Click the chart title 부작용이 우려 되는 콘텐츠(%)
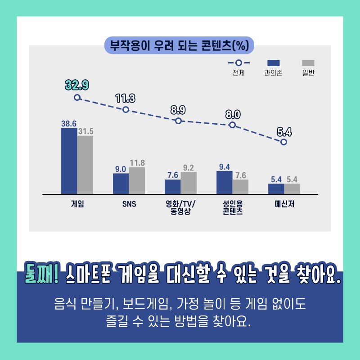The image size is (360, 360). point(180,45)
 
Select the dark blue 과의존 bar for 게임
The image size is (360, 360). point(69,161)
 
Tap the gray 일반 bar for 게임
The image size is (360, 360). point(85,165)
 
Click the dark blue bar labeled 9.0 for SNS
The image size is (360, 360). point(121,184)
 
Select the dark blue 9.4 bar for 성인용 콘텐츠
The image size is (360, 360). point(224,183)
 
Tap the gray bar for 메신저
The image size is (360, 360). point(292,189)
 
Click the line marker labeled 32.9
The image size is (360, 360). point(77,97)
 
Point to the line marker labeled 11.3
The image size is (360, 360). point(126,109)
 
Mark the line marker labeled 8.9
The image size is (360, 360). point(178,121)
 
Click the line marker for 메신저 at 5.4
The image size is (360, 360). point(283,142)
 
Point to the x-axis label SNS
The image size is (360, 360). point(129,203)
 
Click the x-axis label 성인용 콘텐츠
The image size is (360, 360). point(233,207)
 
